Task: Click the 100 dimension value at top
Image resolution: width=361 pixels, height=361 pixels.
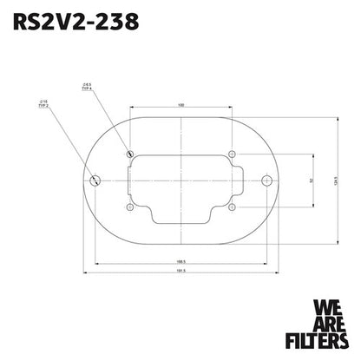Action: tap(180, 106)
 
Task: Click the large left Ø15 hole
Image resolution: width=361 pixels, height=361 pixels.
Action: tap(95, 180)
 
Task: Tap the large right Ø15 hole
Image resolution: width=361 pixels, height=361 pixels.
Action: tap(266, 180)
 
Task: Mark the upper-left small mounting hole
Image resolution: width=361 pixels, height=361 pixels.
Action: tap(129, 154)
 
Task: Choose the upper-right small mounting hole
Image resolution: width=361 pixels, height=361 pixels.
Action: tap(232, 154)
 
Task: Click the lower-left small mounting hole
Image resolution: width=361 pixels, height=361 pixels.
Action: tap(129, 208)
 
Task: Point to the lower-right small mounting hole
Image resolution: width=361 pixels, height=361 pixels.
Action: tap(232, 208)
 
